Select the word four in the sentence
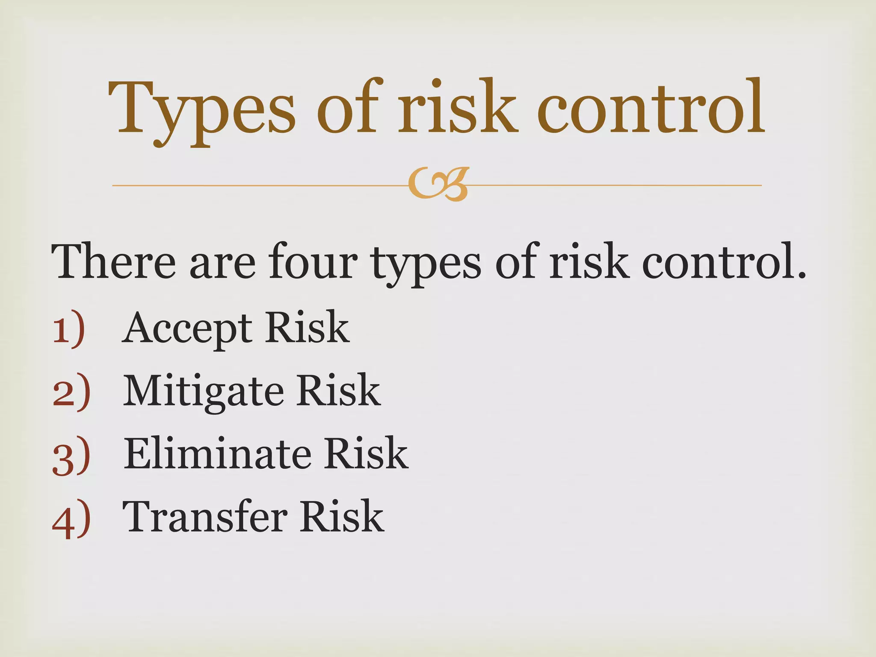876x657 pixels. (x=313, y=261)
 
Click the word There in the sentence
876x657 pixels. (x=113, y=261)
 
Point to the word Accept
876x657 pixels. (x=187, y=328)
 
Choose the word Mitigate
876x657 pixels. (x=203, y=391)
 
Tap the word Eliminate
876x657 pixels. (x=217, y=453)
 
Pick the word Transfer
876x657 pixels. (x=205, y=516)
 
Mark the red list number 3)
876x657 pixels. (x=71, y=455)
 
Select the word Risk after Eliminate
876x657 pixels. (x=365, y=453)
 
